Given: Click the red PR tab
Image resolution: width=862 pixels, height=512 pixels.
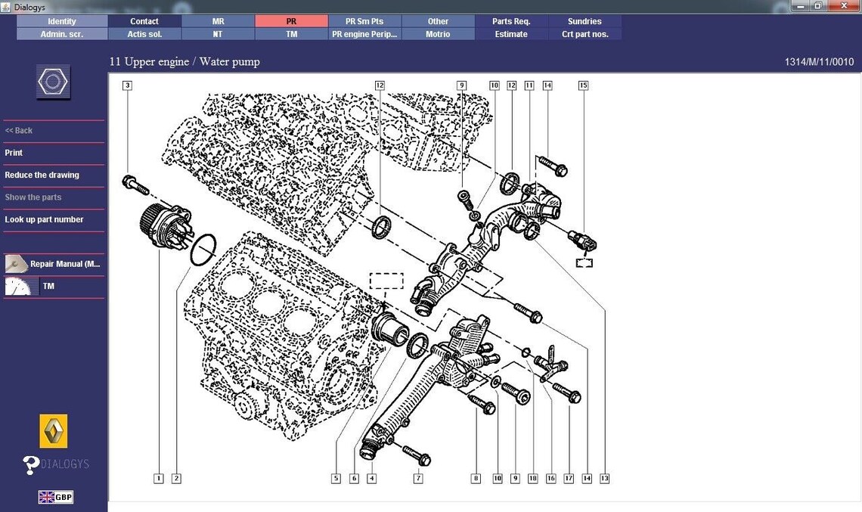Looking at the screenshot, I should click(x=291, y=21).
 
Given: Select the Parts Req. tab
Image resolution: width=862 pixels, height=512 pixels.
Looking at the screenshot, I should click(x=511, y=21).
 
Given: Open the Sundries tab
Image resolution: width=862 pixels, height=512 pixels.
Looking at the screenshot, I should click(x=584, y=21).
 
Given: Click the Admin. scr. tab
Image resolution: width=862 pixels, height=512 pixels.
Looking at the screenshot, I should click(x=61, y=34).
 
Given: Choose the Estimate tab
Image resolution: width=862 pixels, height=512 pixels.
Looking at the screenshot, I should click(x=511, y=34).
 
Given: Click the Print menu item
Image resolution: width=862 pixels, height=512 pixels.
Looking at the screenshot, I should click(x=14, y=153).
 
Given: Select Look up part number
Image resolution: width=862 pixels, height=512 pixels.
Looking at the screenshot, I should click(x=44, y=219).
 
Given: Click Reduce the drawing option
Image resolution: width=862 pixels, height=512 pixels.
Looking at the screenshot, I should click(x=42, y=175).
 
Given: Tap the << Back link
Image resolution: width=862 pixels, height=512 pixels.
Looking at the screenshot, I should click(x=19, y=130).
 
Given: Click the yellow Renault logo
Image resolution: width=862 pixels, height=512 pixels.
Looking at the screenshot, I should click(x=54, y=431).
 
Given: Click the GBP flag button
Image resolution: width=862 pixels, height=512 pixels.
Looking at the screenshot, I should click(x=56, y=497).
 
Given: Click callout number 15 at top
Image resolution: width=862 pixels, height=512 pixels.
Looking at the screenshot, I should click(x=583, y=85).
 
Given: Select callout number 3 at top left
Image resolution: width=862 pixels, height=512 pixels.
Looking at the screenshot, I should click(x=127, y=85).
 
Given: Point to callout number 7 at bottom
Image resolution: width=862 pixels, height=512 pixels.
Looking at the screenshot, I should click(x=418, y=478).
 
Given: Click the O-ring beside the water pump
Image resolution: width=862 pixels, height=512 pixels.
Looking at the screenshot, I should click(x=202, y=250).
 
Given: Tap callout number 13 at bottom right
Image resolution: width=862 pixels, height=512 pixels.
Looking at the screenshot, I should click(x=604, y=478).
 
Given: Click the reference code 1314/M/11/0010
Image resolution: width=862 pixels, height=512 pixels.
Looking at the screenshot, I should click(x=819, y=62).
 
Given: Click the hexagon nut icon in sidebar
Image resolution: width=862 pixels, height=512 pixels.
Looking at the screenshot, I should click(x=54, y=82).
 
